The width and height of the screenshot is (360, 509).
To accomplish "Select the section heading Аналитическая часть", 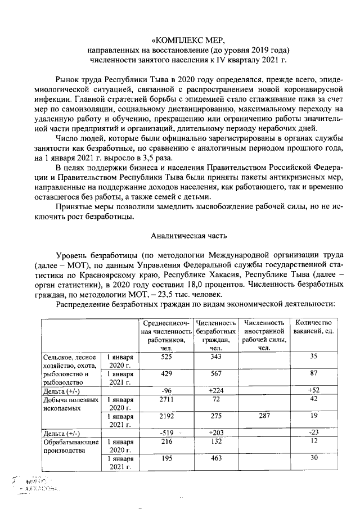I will point(188,237).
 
